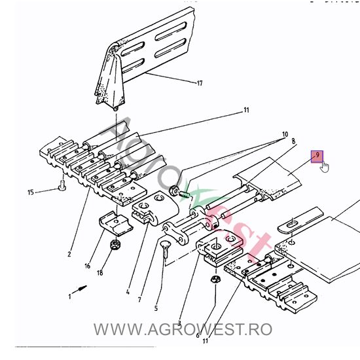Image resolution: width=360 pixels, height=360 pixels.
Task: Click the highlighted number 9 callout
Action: pos(317,156)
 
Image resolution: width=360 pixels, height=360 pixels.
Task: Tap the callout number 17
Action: pos(200,83)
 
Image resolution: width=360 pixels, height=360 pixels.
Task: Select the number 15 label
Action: pos(31,192)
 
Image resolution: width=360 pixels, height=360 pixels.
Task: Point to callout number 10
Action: pos(285,134)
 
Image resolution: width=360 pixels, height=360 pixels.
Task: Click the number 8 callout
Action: pos(293,141)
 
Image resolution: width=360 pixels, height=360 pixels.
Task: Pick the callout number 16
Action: pos(88,266)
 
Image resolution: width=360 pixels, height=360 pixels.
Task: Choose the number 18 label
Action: pos(100,273)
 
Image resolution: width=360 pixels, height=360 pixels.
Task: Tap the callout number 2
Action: pos(69,254)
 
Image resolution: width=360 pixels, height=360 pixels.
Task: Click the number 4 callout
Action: pos(128,292)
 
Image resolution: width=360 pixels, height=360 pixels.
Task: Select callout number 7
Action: pos(139,299)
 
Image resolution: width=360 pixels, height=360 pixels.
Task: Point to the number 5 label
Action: pos(156,308)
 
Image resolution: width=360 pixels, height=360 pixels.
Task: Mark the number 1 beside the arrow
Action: pos(69,297)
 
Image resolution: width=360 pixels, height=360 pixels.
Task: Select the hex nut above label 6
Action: pos(216,279)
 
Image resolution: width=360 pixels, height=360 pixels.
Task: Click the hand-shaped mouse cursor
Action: pos(325,166)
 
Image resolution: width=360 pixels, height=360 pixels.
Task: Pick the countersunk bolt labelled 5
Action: pos(166,249)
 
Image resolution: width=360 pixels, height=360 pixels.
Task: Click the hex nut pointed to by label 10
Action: pos(174,190)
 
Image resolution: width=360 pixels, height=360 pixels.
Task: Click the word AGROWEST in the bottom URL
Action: pos(194,329)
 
